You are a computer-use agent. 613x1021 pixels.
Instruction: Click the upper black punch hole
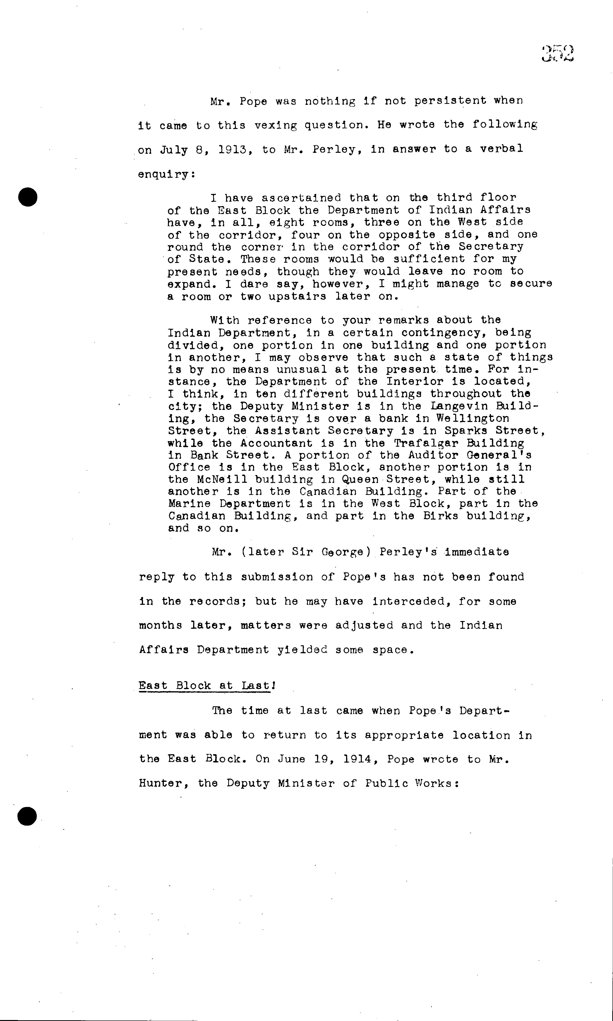pos(28,197)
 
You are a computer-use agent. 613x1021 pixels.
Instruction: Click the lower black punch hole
pos(27,816)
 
